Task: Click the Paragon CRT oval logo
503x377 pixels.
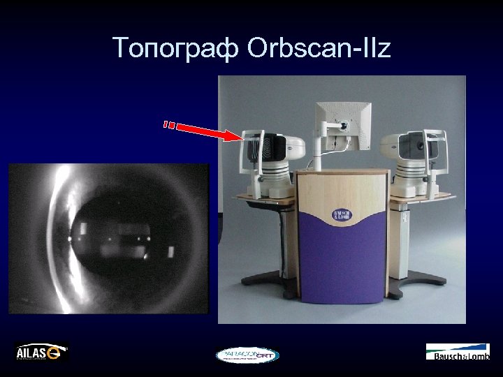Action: pyautogui.click(x=247, y=355)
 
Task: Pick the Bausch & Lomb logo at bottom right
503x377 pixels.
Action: pyautogui.click(x=458, y=352)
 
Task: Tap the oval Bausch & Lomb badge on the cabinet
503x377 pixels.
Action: pyautogui.click(x=342, y=216)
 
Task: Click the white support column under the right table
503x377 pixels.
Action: pyautogui.click(x=404, y=237)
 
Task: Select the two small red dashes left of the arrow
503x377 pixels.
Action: pyautogui.click(x=168, y=125)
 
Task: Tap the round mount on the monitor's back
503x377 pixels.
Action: pyautogui.click(x=342, y=126)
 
